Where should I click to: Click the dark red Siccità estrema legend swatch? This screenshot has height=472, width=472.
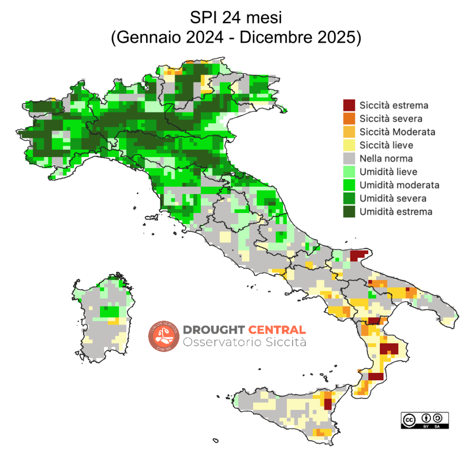coord(349,105)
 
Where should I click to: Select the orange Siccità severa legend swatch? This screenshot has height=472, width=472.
coord(349,118)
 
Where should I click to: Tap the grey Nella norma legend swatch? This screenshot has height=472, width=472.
coord(349,159)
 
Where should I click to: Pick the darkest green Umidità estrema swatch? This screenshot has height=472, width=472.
coord(349,212)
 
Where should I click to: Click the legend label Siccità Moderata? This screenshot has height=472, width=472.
coord(397,132)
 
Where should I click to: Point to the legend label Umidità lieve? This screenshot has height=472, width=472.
coord(389,172)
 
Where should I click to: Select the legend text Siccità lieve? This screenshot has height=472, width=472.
coord(386,145)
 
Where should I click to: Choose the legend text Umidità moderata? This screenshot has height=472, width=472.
coord(399,185)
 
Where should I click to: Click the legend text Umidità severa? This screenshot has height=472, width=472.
coord(393,199)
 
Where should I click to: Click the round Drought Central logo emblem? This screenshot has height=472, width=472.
coord(163,336)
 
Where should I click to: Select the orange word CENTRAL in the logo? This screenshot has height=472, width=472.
coord(277,330)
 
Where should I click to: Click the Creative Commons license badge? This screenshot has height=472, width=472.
coord(424,420)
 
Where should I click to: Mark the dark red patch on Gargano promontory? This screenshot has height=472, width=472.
coord(358,256)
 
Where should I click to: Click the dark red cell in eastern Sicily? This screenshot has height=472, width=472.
coord(328,404)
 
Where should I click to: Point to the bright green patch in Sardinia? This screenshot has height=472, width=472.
coord(109,312)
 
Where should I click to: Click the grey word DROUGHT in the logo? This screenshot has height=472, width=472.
coord(214,330)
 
